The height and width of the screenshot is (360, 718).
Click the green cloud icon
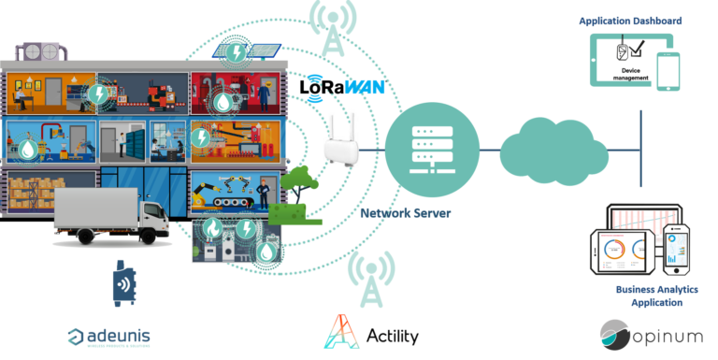543,150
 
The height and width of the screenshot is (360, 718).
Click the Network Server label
406,213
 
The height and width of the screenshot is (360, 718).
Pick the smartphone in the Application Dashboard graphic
668,71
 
